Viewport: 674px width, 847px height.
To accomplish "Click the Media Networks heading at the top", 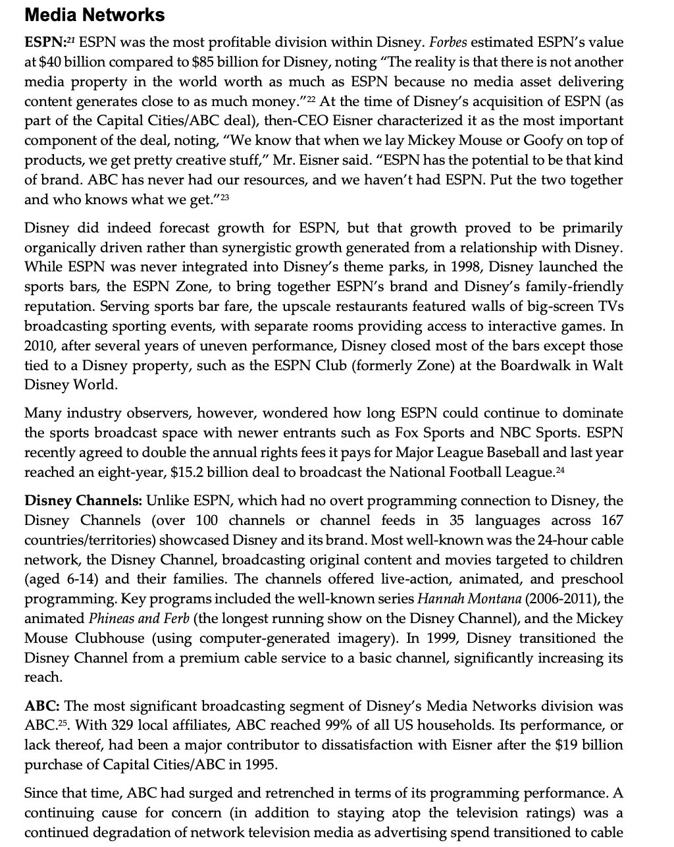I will click(x=95, y=14).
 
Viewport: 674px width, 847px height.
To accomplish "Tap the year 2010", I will click(x=41, y=346).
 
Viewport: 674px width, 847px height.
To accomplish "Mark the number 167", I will click(x=611, y=521).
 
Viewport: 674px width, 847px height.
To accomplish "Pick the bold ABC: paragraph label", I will click(x=43, y=707).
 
